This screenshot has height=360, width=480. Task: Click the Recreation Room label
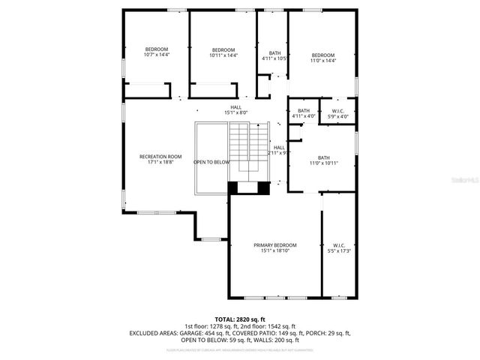point(160,159)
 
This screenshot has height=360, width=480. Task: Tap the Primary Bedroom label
point(274,248)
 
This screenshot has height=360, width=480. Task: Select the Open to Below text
point(211,162)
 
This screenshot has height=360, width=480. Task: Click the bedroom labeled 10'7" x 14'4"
point(157,52)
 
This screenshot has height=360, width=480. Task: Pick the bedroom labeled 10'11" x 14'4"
point(223,52)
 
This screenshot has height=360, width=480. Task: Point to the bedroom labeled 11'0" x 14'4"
point(322,57)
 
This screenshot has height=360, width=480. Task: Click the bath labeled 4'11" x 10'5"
point(274,55)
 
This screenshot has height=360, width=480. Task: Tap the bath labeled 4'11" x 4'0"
point(304,113)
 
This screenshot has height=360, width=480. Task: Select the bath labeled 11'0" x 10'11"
point(324,160)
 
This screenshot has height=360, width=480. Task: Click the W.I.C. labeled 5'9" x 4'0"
point(338,113)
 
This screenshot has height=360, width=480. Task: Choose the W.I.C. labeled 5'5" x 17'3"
point(338,248)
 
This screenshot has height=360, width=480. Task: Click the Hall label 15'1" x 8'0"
point(235,109)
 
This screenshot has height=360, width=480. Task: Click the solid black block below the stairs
point(247,188)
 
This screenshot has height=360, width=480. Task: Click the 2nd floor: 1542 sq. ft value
point(267,326)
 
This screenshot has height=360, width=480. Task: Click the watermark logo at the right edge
point(469,180)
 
